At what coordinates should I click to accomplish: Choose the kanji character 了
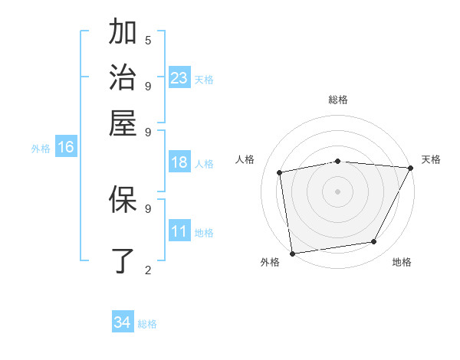coord(123,260)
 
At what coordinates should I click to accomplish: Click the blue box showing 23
coord(179,78)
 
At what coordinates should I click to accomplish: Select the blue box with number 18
coord(179,162)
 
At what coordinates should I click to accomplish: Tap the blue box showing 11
coord(179,231)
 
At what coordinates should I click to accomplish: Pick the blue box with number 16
coord(66,148)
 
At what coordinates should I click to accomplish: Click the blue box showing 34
coord(123,322)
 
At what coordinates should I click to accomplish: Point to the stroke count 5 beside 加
coord(148,40)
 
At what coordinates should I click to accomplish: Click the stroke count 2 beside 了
coord(148,270)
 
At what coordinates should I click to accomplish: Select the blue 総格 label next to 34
coord(147,324)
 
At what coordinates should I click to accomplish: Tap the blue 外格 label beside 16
coord(41,149)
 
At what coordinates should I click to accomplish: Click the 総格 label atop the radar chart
coord(337,100)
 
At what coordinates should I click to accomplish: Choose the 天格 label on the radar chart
coord(431,159)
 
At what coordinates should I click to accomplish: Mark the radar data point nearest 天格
coord(410,168)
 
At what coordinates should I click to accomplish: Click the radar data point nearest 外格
coord(292,253)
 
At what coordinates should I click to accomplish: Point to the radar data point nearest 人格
coord(280,172)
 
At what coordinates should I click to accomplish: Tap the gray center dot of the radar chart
coord(337,191)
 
